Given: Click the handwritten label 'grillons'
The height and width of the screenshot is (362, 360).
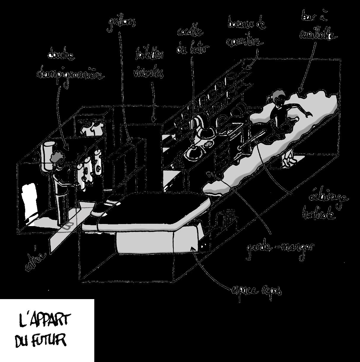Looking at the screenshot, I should [122, 24].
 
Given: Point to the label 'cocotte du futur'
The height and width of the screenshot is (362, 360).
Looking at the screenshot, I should [192, 40].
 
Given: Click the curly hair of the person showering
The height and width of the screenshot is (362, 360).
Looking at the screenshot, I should [58, 156].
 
